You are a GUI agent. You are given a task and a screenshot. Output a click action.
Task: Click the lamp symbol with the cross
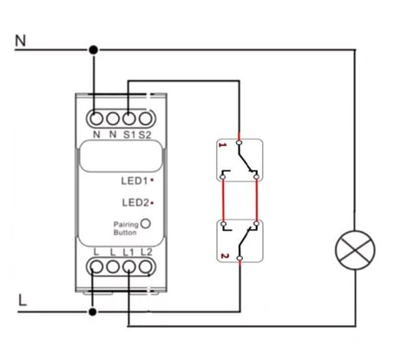(355, 251)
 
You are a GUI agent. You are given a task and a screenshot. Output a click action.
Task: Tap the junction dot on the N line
(93, 50)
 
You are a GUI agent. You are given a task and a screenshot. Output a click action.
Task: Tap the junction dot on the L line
(93, 312)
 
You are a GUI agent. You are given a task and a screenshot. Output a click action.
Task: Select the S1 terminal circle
(129, 119)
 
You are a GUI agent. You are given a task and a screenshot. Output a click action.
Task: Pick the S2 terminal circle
(146, 119)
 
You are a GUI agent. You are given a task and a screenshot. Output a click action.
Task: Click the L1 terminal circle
(129, 266)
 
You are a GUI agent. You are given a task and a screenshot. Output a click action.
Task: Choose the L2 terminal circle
(146, 266)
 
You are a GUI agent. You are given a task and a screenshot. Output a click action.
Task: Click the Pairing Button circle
(146, 224)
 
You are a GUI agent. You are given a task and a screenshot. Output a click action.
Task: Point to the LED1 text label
(134, 181)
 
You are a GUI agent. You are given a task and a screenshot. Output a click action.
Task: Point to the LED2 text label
(135, 202)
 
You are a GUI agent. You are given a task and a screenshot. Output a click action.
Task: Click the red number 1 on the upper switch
(223, 145)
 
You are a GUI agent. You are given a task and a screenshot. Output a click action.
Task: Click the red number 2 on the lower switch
(225, 256)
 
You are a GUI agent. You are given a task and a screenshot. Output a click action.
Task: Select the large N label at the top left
(21, 41)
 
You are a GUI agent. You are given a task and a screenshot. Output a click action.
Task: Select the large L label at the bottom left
(23, 300)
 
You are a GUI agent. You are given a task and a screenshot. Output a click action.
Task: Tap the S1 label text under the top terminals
(129, 134)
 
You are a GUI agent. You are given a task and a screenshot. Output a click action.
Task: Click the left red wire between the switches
(223, 200)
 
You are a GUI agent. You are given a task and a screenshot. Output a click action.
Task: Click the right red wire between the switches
(257, 200)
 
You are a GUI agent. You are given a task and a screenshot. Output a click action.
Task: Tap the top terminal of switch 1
(239, 142)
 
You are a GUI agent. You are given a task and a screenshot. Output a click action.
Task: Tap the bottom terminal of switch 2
(239, 259)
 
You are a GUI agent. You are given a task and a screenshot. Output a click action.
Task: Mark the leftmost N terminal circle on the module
(96, 119)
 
